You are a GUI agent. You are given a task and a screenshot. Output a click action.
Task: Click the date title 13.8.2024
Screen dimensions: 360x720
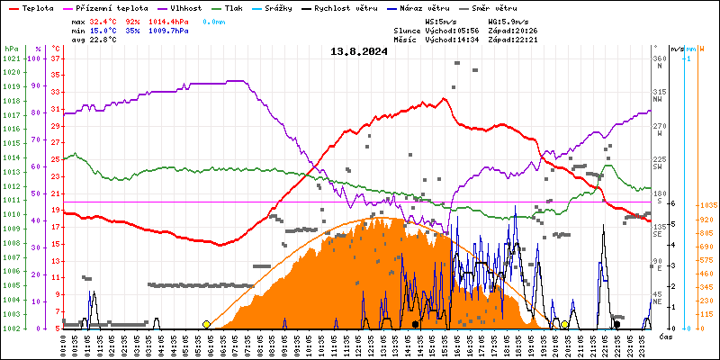[x=359, y=51]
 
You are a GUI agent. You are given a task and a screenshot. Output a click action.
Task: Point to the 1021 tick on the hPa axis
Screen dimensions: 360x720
[x=12, y=58]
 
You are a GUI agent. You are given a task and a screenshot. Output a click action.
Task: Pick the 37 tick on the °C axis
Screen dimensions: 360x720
[x=56, y=58]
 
